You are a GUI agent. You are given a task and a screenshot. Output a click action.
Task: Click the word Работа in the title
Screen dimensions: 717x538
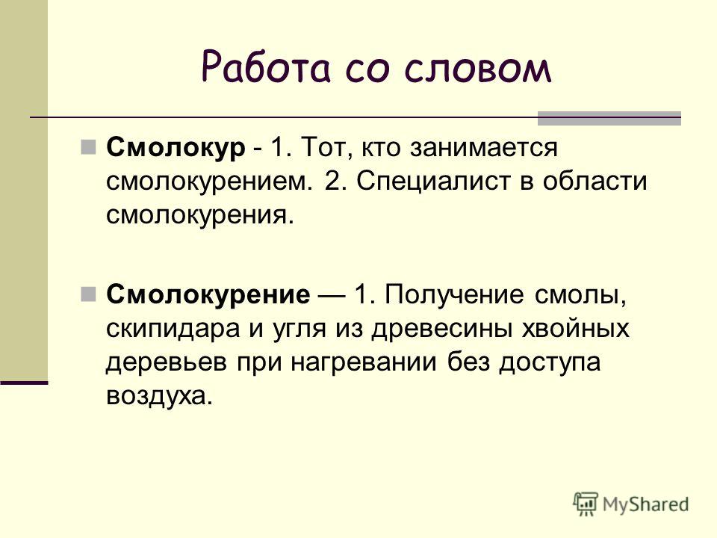(265, 67)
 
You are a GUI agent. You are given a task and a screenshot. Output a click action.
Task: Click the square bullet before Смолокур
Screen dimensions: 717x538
(88, 147)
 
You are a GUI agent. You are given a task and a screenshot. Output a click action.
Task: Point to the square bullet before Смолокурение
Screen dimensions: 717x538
(88, 294)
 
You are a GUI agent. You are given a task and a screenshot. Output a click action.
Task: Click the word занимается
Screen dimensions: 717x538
(483, 148)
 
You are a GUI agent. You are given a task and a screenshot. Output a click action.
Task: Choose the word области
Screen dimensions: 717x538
(595, 181)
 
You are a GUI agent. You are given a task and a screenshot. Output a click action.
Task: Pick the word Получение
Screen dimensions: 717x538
(453, 295)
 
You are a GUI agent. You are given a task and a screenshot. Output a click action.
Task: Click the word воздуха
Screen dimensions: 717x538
(160, 397)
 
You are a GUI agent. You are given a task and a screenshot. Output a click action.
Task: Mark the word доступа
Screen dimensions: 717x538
(550, 363)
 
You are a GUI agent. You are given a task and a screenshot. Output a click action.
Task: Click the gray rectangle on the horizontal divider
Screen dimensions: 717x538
(609, 118)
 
